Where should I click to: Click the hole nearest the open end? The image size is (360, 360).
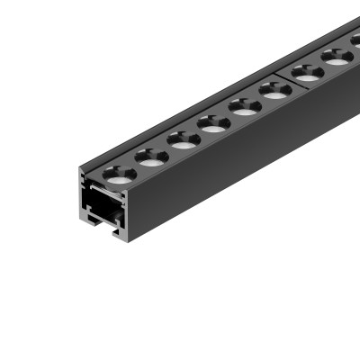point(117,173)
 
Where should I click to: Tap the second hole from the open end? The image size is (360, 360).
point(149,157)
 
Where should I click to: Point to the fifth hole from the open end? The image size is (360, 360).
point(244,106)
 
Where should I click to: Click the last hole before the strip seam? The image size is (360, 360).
point(274,90)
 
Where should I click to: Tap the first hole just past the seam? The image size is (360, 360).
point(307,72)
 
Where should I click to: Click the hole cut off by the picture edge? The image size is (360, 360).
point(356,41)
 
